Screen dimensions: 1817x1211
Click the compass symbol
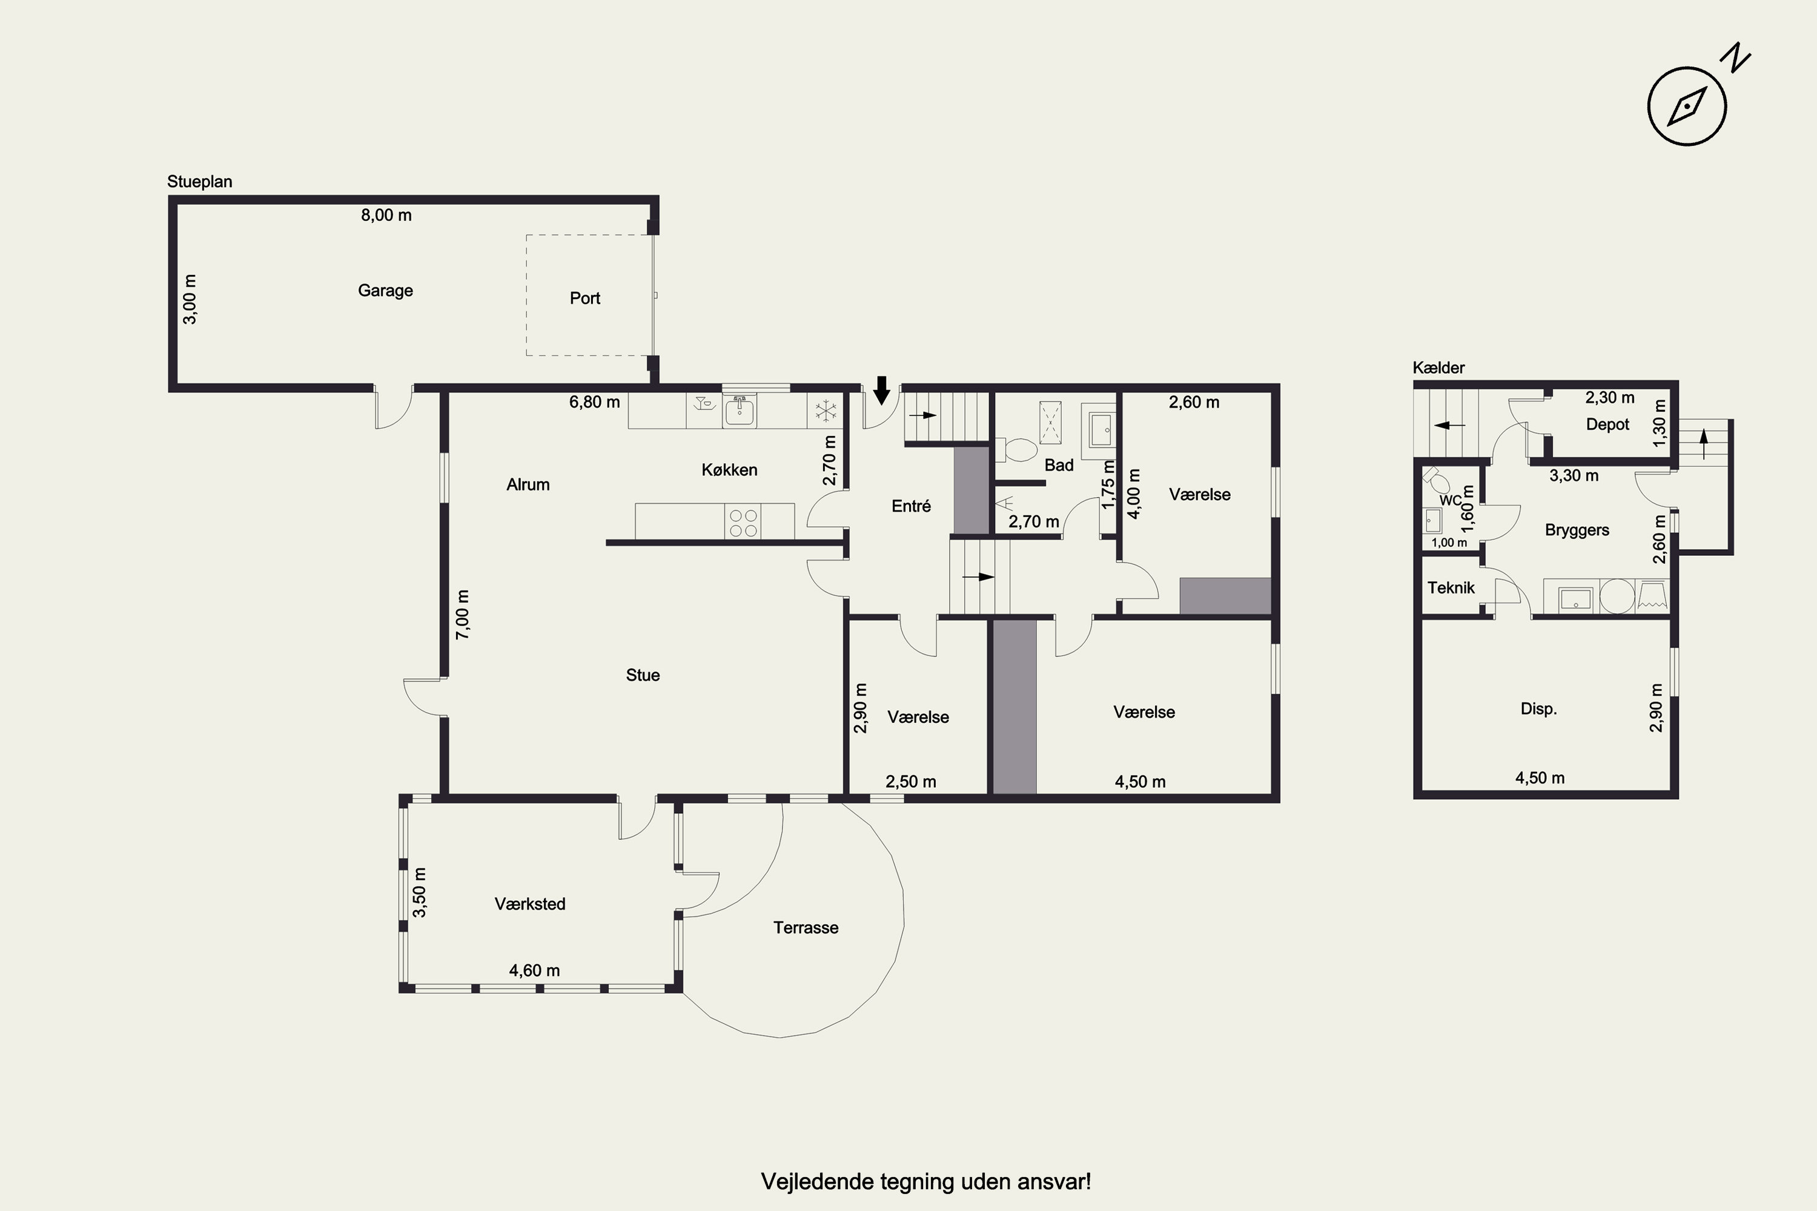(x=1687, y=107)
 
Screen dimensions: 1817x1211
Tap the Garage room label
(x=385, y=291)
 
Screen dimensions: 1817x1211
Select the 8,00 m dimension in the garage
(x=386, y=215)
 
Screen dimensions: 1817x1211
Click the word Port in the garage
(x=585, y=298)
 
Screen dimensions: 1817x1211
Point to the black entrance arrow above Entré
(x=881, y=390)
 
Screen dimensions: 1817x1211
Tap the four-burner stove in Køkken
(x=743, y=522)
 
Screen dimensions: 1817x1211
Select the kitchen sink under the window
(x=740, y=411)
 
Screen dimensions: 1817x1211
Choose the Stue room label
(x=643, y=675)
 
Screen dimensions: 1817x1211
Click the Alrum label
(x=528, y=484)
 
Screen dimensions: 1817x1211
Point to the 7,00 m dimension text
(x=462, y=614)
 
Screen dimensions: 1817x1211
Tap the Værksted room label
(x=530, y=903)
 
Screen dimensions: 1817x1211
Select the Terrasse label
(x=806, y=928)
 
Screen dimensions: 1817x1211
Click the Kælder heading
(x=1438, y=368)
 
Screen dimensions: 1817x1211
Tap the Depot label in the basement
(x=1607, y=424)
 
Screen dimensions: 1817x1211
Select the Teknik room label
(x=1451, y=588)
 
